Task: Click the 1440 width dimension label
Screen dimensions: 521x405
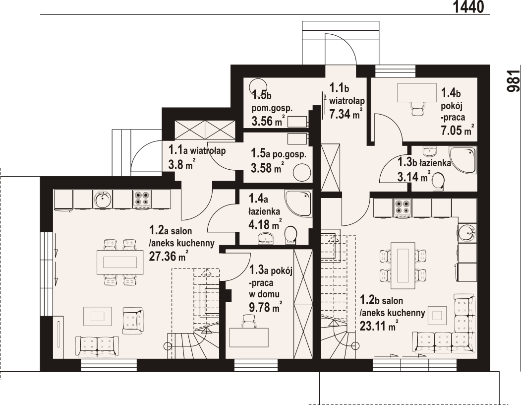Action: [468, 6]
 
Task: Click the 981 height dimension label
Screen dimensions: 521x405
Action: [514, 80]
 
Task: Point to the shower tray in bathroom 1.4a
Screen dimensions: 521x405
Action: [298, 203]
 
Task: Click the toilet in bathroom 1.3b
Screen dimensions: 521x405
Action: [438, 182]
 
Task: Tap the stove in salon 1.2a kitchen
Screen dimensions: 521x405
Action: [142, 199]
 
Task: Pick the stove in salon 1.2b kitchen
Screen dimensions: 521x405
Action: [403, 207]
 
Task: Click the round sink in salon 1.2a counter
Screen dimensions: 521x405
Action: [102, 199]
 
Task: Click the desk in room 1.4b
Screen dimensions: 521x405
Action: [417, 93]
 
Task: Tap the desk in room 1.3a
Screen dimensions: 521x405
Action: [249, 337]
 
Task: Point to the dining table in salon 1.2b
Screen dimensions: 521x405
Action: [403, 266]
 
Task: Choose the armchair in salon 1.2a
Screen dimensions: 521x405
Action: [133, 321]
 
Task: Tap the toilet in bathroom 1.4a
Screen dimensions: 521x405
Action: [290, 236]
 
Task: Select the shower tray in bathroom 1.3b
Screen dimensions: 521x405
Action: [463, 160]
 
